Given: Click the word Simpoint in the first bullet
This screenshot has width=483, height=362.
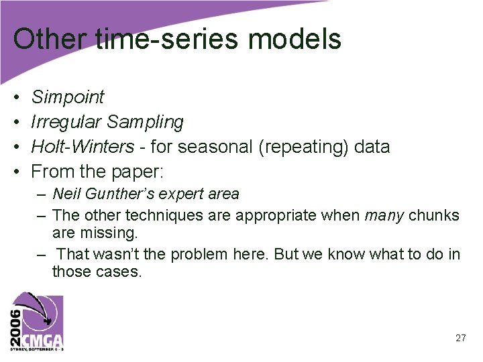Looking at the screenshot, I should pyautogui.click(x=68, y=97).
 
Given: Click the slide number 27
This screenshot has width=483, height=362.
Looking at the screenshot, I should pyautogui.click(x=460, y=339).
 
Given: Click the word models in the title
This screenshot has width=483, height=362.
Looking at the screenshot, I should pyautogui.click(x=294, y=39).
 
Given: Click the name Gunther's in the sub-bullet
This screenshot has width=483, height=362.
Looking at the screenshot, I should pyautogui.click(x=117, y=194).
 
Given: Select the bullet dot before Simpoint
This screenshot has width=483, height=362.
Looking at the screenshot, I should pyautogui.click(x=16, y=98).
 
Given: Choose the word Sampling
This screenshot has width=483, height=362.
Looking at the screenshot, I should pyautogui.click(x=145, y=122).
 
